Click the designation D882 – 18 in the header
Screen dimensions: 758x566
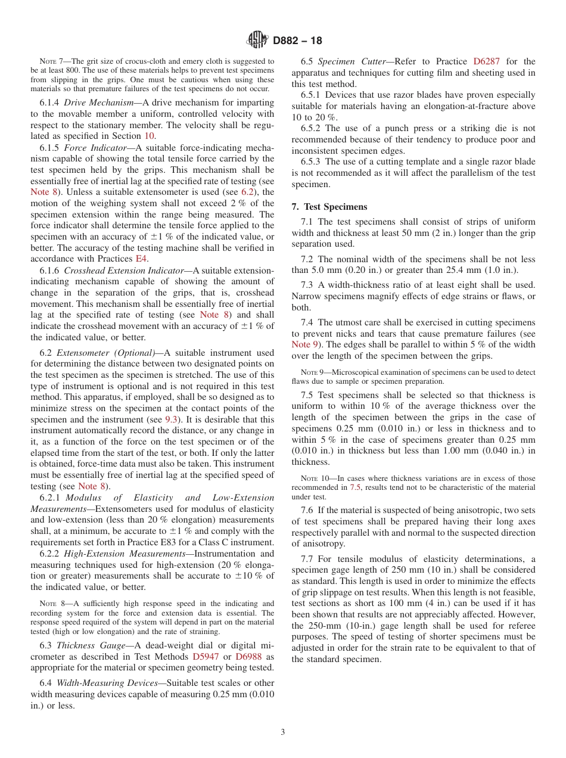(297, 41)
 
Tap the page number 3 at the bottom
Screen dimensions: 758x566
(283, 732)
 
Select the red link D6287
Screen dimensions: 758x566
(486, 61)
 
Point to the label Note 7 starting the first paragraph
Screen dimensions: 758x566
(50, 61)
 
